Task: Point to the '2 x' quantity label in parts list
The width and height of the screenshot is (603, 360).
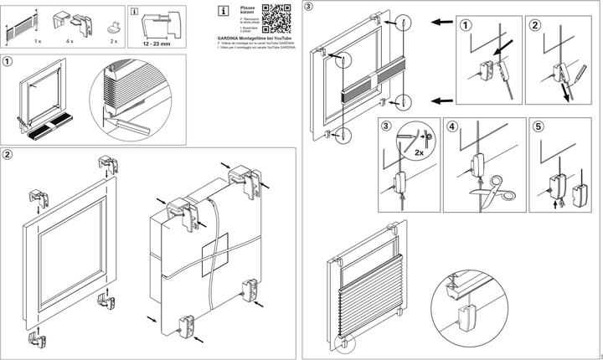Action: coord(114,40)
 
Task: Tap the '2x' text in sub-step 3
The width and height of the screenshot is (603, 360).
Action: coord(415,154)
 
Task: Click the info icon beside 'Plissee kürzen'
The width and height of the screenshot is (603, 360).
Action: coord(222,11)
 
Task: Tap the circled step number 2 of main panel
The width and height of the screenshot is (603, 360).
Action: coord(8,155)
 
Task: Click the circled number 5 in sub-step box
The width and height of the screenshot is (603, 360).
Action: coord(536,127)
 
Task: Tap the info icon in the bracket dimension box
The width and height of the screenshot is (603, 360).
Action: coord(135,12)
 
